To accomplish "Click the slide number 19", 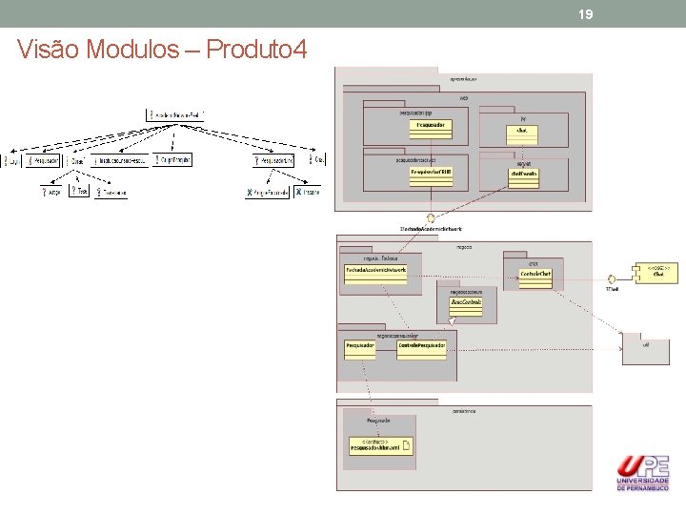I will (586, 14).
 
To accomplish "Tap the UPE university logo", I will (643, 472).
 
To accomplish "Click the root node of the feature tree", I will (176, 115).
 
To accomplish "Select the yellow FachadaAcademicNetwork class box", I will (376, 273).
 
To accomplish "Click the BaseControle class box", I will (466, 304).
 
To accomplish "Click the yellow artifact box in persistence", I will (380, 445).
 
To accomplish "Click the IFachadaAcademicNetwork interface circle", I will (432, 217).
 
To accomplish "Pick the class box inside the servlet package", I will (523, 175).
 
